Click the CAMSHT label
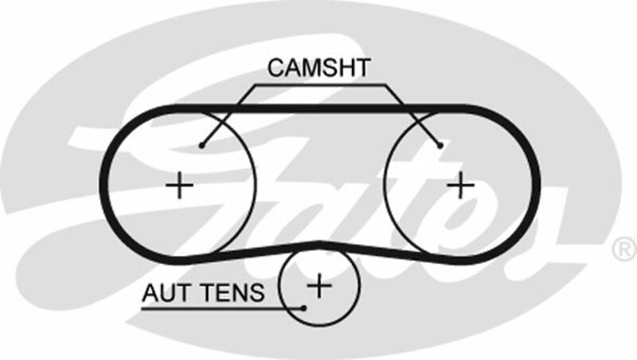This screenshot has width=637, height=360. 318,68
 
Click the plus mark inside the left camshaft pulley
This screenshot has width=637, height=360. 180,186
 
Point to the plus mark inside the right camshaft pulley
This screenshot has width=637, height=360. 460,185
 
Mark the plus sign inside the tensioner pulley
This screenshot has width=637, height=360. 318,284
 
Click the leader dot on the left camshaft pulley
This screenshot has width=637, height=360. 202,145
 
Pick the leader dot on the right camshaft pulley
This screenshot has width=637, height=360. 440,145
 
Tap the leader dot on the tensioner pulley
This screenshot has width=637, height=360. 304,307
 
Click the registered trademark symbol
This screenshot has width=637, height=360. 623,248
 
